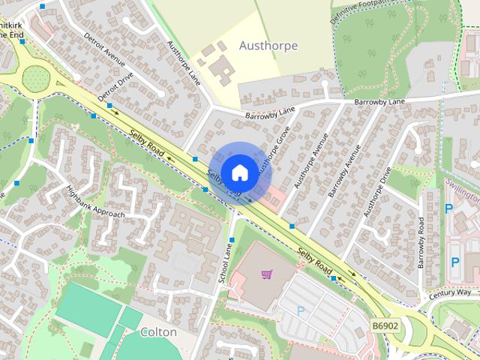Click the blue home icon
click(239, 172)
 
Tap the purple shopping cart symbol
click(266, 274)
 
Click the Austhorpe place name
click(268, 46)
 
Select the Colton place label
click(158, 331)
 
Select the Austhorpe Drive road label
click(377, 191)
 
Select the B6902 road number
click(385, 328)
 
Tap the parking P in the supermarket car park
click(301, 310)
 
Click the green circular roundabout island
click(34, 76)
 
